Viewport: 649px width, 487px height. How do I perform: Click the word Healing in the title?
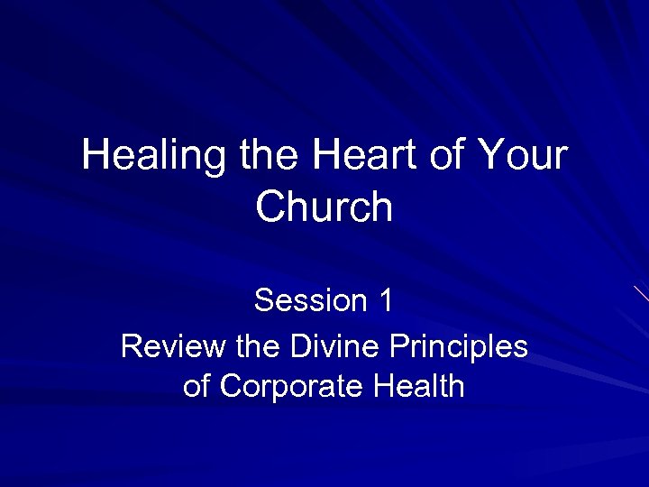click(153, 157)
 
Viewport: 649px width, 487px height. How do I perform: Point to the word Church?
click(324, 207)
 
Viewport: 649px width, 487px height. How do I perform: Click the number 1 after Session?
click(386, 300)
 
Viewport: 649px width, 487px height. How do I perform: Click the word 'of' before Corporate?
click(197, 387)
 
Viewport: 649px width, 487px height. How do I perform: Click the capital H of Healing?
click(95, 155)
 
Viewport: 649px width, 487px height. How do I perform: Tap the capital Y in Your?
click(494, 155)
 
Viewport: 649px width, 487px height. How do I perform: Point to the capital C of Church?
click(270, 207)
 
